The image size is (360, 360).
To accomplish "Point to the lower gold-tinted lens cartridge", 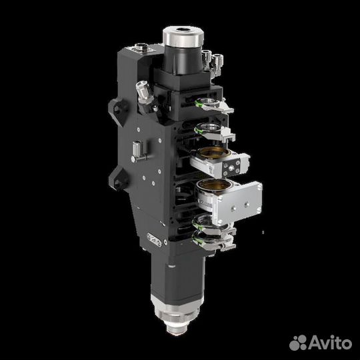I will click(212, 189).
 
